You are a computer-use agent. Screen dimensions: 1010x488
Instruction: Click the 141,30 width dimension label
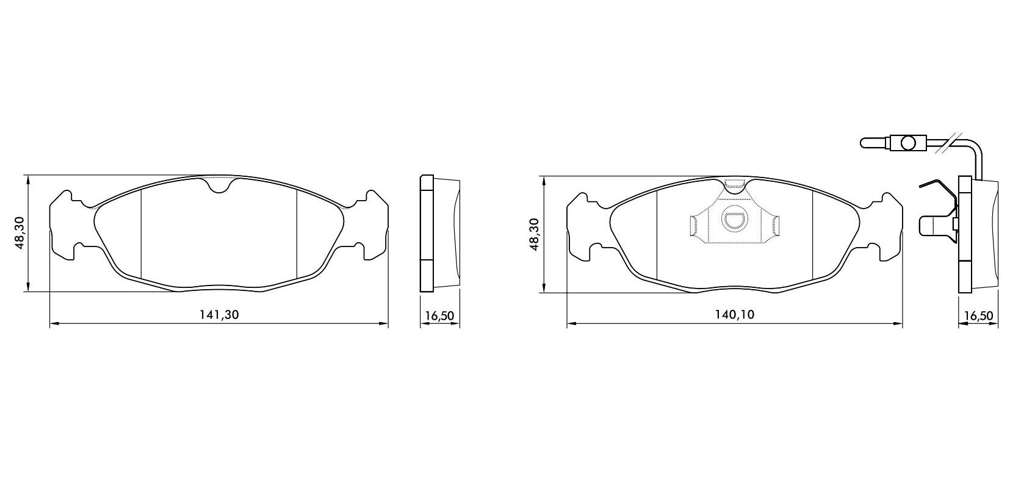click(219, 315)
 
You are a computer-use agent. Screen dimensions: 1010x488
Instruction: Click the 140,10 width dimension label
click(735, 315)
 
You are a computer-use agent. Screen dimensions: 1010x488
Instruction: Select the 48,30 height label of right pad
click(534, 234)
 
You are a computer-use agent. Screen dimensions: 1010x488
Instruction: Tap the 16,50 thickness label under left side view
click(439, 316)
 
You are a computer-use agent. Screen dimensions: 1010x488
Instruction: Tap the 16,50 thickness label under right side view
click(978, 316)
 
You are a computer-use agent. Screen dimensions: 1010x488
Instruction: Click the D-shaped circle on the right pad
click(734, 218)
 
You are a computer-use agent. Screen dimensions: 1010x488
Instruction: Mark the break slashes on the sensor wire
click(948, 143)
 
